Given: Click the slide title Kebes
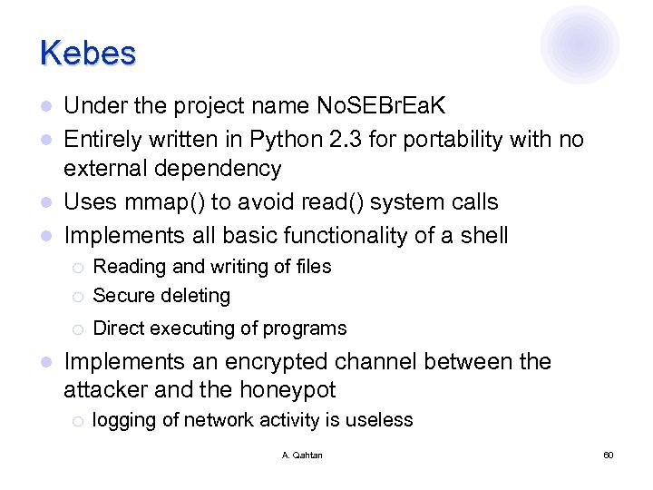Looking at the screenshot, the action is (x=88, y=53).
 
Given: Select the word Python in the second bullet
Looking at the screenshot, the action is (x=291, y=139).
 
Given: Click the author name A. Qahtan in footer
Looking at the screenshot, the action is (x=302, y=455).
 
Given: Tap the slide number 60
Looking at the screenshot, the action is (x=608, y=455).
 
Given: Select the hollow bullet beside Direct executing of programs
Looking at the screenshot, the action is (x=78, y=328).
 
